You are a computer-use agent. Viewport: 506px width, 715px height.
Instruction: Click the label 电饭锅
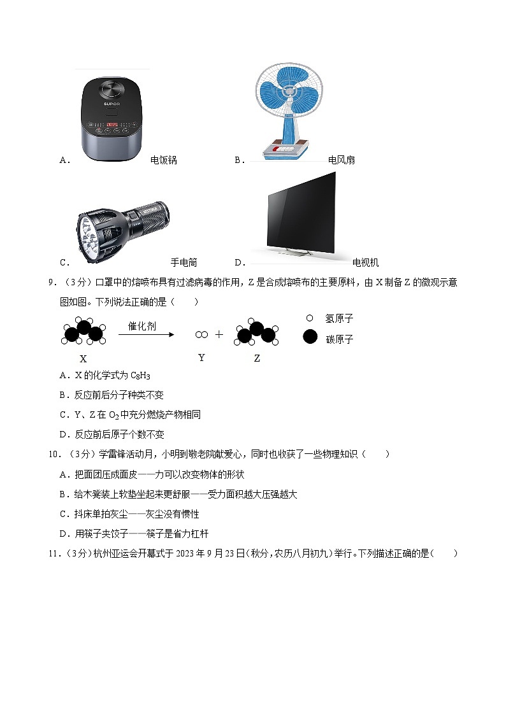[164, 160]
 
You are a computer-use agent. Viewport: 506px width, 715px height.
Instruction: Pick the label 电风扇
[342, 160]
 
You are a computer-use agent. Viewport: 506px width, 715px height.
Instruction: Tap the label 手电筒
[184, 262]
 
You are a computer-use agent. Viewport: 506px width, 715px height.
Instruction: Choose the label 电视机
[366, 262]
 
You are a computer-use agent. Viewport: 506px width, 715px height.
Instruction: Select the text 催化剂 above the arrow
[142, 326]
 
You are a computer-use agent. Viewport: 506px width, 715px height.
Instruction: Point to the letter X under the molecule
[83, 359]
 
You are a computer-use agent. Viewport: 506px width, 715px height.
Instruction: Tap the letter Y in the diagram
[201, 358]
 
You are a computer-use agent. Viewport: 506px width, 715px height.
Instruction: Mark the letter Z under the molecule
[257, 358]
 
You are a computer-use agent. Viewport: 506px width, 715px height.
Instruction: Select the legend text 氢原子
[339, 318]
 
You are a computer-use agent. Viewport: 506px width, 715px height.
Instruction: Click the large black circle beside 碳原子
[310, 337]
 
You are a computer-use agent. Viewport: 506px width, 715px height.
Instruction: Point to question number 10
[55, 455]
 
